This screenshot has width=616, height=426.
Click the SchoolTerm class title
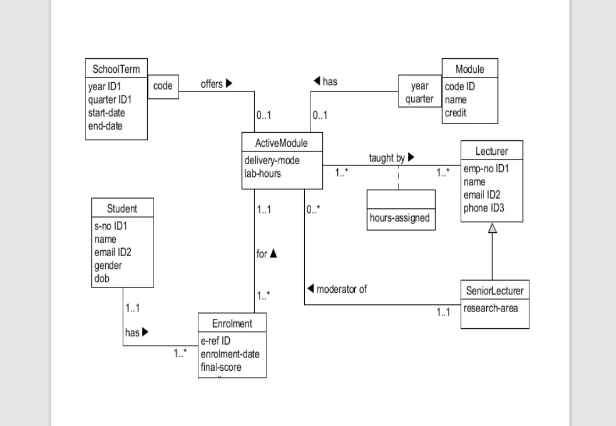pos(116,69)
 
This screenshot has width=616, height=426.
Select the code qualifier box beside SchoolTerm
pos(163,86)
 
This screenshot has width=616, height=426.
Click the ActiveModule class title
pos(282,141)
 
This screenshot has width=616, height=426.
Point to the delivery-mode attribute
pos(272,160)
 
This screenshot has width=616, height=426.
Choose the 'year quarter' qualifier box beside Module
pos(419,92)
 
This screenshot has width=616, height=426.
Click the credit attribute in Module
pos(455,113)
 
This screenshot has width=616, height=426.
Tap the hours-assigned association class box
pos(401,218)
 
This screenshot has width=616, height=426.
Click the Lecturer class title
pos(492,151)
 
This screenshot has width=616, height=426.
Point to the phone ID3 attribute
pos(484,208)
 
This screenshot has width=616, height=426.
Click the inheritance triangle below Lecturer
pos(492,228)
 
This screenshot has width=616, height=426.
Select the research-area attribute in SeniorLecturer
pos(492,308)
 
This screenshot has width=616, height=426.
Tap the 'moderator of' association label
pos(337,289)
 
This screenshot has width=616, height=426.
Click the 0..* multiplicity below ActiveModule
pos(314,210)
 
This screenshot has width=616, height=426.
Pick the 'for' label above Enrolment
pos(266,254)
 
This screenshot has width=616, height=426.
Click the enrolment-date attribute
pos(230,354)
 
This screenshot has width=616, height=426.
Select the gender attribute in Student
pos(108,265)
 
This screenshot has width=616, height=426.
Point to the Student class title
pos(122,209)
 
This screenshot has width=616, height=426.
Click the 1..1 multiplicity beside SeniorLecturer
pos(443,313)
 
